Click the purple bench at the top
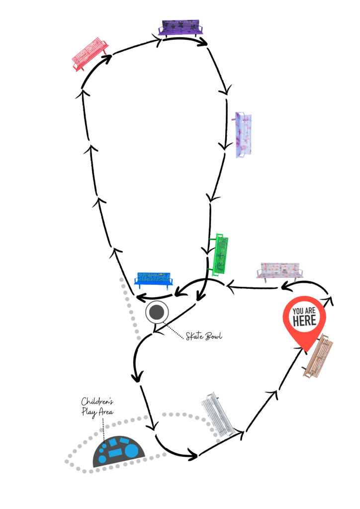[180, 28]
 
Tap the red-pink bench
[90, 54]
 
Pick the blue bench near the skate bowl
[154, 280]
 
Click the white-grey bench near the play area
[217, 415]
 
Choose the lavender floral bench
[243, 135]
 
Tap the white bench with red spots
[279, 271]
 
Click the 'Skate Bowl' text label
[204, 336]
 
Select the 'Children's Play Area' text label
[97, 407]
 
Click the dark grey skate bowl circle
[157, 312]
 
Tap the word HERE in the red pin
[304, 321]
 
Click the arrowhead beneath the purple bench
[202, 42]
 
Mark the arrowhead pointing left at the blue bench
[142, 297]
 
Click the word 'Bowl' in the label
[214, 336]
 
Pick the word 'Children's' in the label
[97, 402]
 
